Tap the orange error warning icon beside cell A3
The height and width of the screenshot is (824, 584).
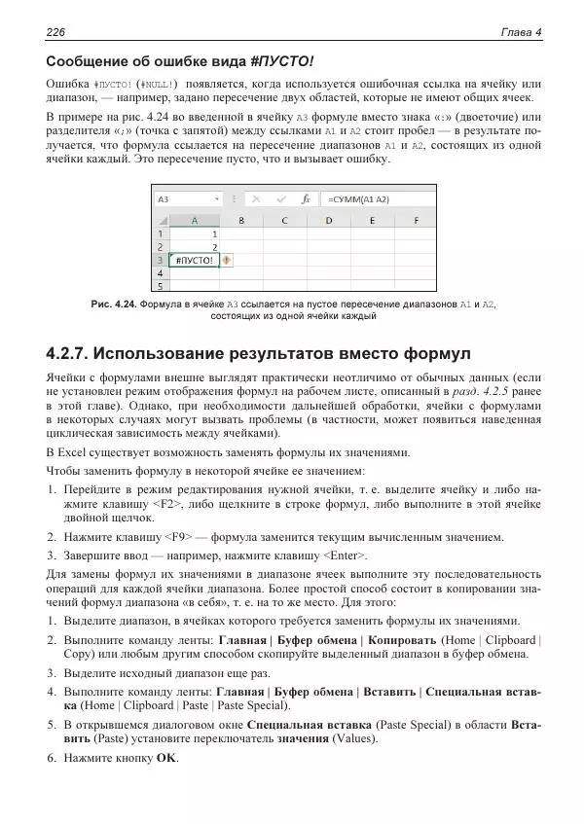pyautogui.click(x=227, y=260)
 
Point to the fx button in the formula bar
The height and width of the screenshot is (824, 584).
pyautogui.click(x=306, y=198)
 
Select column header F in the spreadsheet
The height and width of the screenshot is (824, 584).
pyautogui.click(x=417, y=220)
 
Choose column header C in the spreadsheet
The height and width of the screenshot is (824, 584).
pyautogui.click(x=283, y=220)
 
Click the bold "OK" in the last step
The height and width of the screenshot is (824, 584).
pyautogui.click(x=167, y=758)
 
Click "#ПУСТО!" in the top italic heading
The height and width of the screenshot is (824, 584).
pyautogui.click(x=282, y=61)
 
